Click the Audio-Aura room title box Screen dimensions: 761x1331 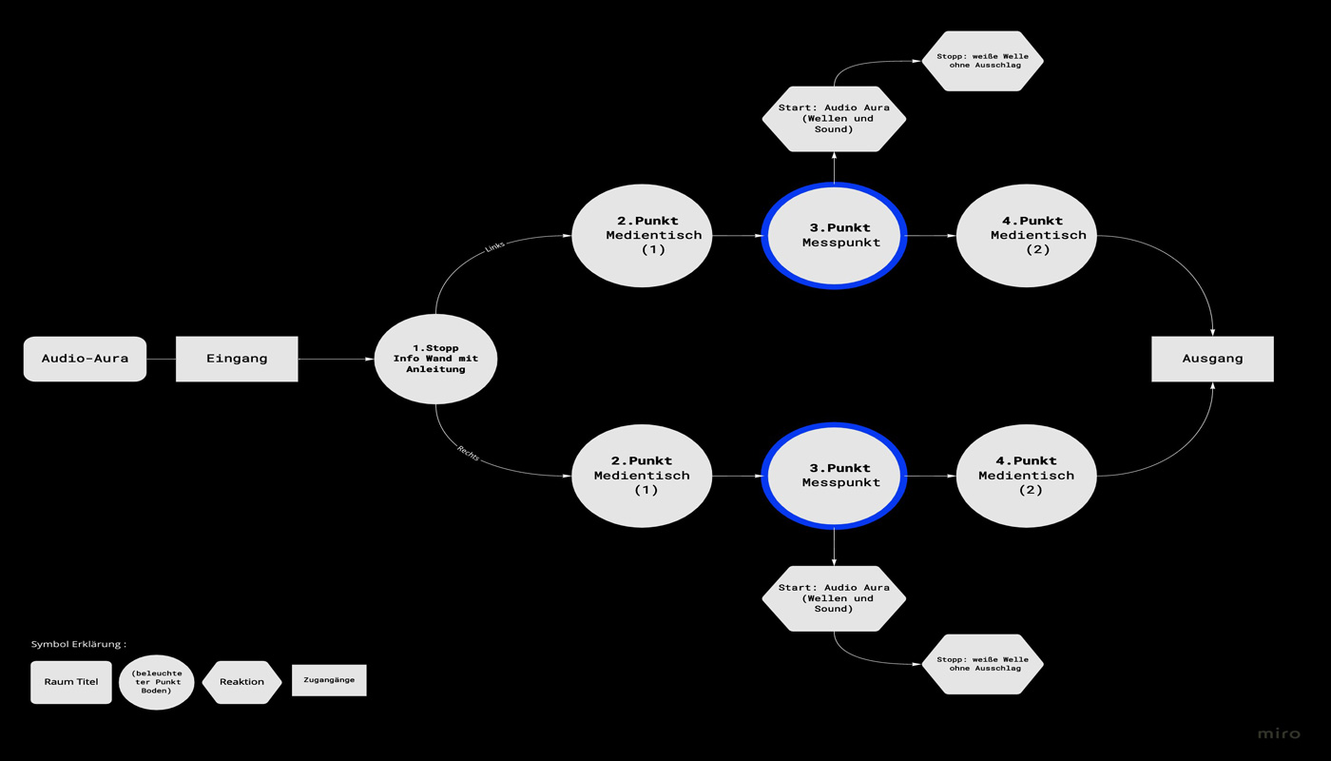click(85, 359)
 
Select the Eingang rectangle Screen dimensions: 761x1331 click(237, 359)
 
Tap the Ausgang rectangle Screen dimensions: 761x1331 click(1212, 359)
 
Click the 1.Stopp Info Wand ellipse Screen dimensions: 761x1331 click(435, 359)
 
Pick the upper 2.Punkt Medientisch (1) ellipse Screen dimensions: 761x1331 click(642, 235)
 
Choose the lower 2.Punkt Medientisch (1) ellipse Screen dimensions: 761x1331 click(642, 476)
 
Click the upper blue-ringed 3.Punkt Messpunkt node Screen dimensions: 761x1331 click(834, 235)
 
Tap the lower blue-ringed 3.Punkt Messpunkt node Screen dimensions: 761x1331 click(834, 476)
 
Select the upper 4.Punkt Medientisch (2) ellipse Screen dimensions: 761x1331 click(1026, 235)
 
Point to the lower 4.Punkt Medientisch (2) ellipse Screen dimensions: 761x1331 click(1026, 476)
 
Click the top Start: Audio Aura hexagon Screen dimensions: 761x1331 click(834, 119)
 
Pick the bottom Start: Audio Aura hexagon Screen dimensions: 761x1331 click(834, 598)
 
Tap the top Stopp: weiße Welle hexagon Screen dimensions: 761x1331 click(982, 61)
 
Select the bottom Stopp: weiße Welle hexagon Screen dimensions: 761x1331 click(982, 664)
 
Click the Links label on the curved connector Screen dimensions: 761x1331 click(494, 246)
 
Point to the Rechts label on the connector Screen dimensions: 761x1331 click(468, 454)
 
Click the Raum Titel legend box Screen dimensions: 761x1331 click(71, 682)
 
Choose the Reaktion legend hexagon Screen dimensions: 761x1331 click(241, 682)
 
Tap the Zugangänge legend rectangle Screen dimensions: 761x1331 click(329, 680)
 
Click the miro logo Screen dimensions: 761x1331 click(1278, 733)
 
